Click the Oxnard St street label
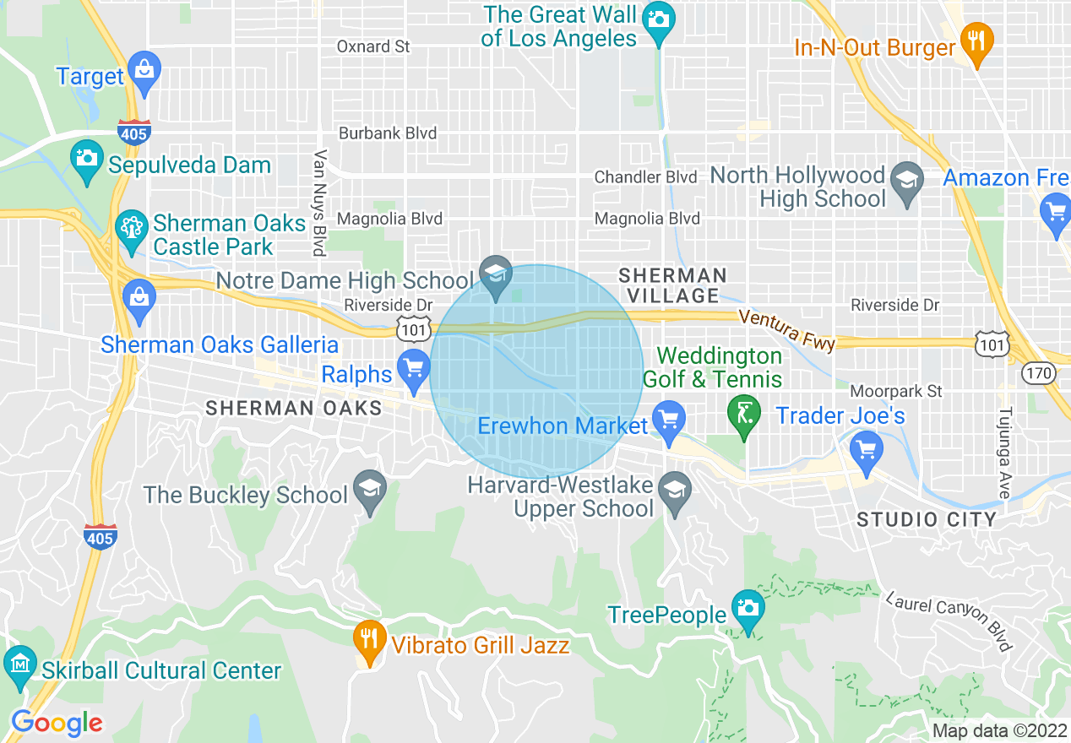click(373, 46)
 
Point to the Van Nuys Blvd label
click(320, 203)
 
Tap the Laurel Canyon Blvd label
click(949, 621)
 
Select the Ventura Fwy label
click(786, 330)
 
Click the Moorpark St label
click(895, 391)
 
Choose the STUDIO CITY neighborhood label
click(927, 518)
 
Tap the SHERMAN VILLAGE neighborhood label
click(672, 285)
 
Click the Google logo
click(57, 722)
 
